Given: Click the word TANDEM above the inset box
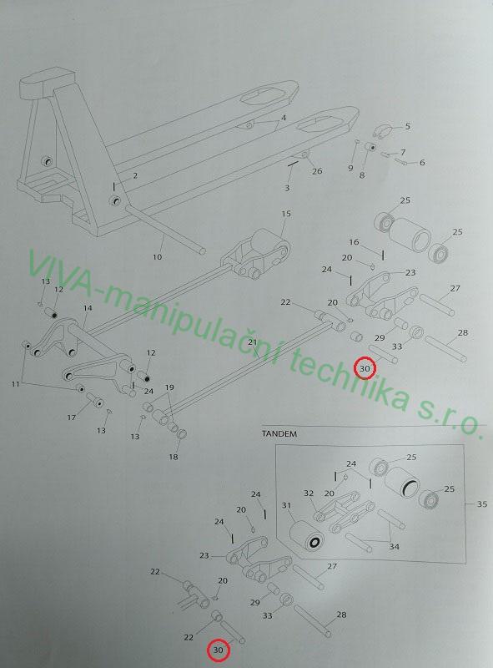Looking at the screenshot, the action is tap(279, 434).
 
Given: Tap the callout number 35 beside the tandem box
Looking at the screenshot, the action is tap(481, 504).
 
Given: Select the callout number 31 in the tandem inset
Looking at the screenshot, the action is tap(286, 505).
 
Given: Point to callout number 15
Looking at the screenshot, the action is tap(286, 213).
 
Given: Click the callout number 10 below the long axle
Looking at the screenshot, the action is tap(157, 257).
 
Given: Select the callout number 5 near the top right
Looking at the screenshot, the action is tap(407, 126).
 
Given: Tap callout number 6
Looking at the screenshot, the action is tap(422, 162).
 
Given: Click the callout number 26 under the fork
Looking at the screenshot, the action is tap(317, 171).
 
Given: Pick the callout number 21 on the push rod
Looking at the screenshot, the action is tap(253, 342).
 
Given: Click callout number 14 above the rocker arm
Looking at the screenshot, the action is tap(88, 307).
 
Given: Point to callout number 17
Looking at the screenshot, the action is tap(71, 417).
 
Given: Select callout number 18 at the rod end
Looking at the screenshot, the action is tap(174, 457).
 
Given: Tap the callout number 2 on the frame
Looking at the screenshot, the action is tap(135, 175).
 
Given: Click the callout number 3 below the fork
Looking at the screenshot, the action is tap(287, 188).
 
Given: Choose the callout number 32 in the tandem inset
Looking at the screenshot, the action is tap(309, 493).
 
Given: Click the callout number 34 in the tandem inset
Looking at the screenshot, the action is tap(394, 546).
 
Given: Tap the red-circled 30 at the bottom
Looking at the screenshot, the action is tap(218, 650).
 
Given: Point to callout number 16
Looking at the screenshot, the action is tap(354, 242).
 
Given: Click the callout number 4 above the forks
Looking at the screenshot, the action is tap(283, 118).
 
